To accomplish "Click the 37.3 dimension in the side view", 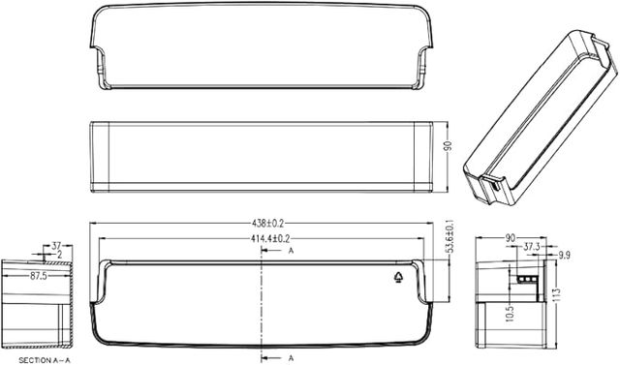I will click(x=532, y=247).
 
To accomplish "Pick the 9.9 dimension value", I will click(x=565, y=257).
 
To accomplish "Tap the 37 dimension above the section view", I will click(x=56, y=246).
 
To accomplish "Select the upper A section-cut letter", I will click(x=290, y=251).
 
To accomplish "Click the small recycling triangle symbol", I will click(x=400, y=276).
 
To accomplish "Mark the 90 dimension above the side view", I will click(x=510, y=236).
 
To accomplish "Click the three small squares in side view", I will click(x=527, y=277).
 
